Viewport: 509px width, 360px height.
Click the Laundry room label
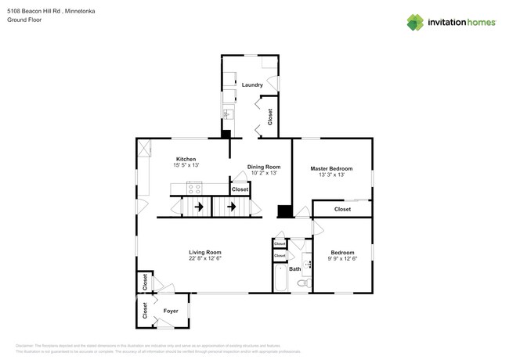click(x=251, y=85)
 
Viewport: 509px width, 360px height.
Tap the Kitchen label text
click(x=186, y=159)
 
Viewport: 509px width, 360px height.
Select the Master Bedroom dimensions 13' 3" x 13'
click(x=331, y=175)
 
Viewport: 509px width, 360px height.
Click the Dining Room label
click(x=263, y=167)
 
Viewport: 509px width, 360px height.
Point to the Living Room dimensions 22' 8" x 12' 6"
click(x=204, y=258)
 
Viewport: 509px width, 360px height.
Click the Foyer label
click(x=171, y=311)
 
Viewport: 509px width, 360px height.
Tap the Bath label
click(x=294, y=269)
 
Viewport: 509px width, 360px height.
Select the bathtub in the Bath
click(x=280, y=278)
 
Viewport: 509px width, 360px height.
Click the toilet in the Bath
click(x=303, y=283)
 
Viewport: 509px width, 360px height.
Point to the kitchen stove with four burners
click(x=194, y=189)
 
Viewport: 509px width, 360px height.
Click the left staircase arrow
click(x=198, y=207)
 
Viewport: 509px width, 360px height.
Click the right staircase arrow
click(x=231, y=207)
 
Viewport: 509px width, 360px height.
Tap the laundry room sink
click(x=228, y=114)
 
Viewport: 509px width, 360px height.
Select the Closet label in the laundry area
click(x=270, y=117)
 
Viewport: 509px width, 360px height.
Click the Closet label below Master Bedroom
click(x=342, y=209)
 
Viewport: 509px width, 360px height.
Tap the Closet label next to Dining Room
click(x=240, y=189)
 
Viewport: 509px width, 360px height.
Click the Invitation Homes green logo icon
click(x=415, y=23)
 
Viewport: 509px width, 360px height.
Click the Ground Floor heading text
click(x=24, y=20)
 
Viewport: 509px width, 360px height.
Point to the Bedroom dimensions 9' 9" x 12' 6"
click(x=342, y=258)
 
